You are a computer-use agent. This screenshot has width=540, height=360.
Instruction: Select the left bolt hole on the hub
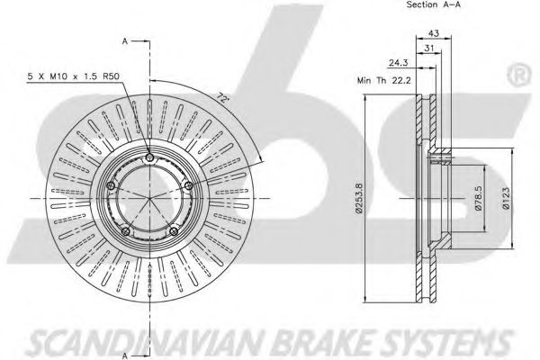pyautogui.click(x=110, y=186)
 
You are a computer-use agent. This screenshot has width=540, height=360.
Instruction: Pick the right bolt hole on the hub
pyautogui.click(x=188, y=186)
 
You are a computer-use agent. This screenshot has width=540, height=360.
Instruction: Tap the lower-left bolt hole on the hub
pyautogui.click(x=125, y=232)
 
